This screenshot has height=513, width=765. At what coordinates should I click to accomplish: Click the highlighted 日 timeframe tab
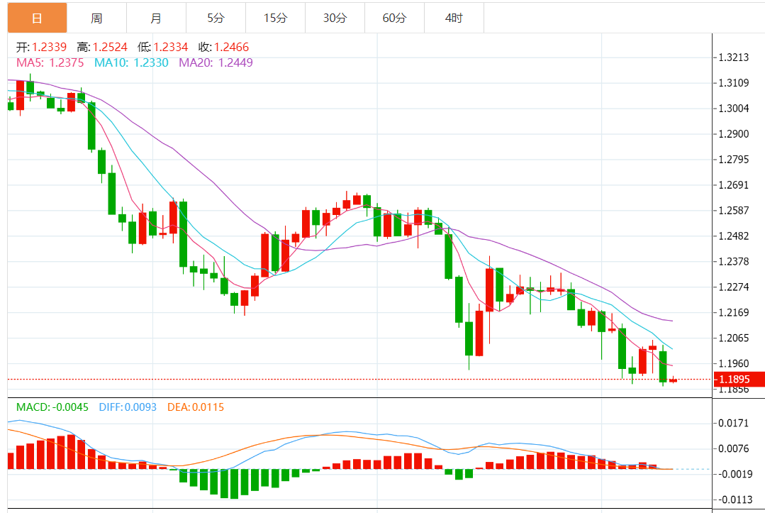coord(37,18)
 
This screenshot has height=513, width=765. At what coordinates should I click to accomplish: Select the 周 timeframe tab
coord(96,18)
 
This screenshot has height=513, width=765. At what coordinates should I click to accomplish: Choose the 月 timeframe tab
coord(156,18)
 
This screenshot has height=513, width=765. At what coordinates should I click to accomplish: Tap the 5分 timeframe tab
coord(216,18)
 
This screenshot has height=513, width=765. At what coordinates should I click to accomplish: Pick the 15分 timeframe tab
coord(275,18)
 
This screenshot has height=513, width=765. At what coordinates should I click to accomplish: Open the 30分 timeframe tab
coord(335,18)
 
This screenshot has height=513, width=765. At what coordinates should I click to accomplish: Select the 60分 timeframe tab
coord(394,18)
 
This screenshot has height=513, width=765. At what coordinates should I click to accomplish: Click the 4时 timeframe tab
coord(454,18)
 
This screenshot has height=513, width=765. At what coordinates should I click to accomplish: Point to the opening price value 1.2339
coord(50,48)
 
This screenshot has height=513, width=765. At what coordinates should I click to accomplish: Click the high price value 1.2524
coord(110,48)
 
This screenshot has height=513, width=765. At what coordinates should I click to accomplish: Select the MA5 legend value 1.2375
coord(67,62)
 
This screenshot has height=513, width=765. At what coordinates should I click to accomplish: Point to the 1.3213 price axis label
coord(734,57)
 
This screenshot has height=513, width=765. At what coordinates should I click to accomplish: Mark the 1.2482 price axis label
coord(734,236)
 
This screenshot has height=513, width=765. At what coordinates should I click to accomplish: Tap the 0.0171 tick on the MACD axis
coord(734,423)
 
